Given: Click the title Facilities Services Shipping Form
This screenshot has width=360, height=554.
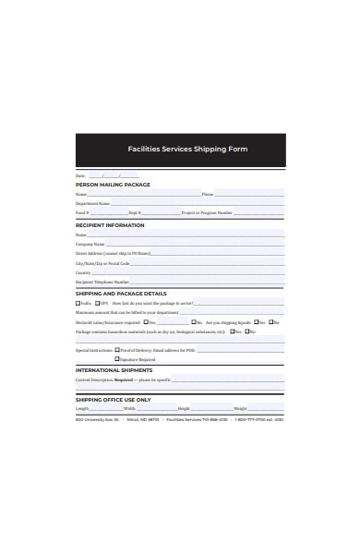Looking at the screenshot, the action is click(187, 150).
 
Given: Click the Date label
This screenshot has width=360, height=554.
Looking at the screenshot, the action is click(79, 175).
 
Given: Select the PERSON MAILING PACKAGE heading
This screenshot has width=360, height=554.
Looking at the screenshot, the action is click(113, 185).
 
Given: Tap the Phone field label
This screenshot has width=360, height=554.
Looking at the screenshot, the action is click(207, 195).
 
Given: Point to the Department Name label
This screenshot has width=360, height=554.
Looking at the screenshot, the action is click(92, 203).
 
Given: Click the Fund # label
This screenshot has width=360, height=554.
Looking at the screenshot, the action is click(82, 212).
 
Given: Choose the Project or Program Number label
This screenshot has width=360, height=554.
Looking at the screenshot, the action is click(201, 212).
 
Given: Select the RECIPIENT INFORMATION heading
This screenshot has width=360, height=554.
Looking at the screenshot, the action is click(110, 224).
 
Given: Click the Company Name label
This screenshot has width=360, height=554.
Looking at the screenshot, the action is click(90, 244).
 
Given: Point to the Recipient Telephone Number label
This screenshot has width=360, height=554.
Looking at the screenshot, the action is click(102, 282).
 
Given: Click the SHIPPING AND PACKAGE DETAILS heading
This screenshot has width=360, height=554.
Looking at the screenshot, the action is click(121, 294).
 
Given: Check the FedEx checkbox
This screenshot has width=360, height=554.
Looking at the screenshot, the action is click(78, 303).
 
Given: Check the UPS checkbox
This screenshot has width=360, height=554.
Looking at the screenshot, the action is click(97, 303).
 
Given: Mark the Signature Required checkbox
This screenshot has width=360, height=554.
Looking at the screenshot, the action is click(116, 359).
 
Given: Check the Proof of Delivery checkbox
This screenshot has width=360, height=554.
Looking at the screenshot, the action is click(116, 350).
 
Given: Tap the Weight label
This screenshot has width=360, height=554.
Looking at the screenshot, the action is click(240, 408).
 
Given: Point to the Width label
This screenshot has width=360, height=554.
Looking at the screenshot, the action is click(129, 408).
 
